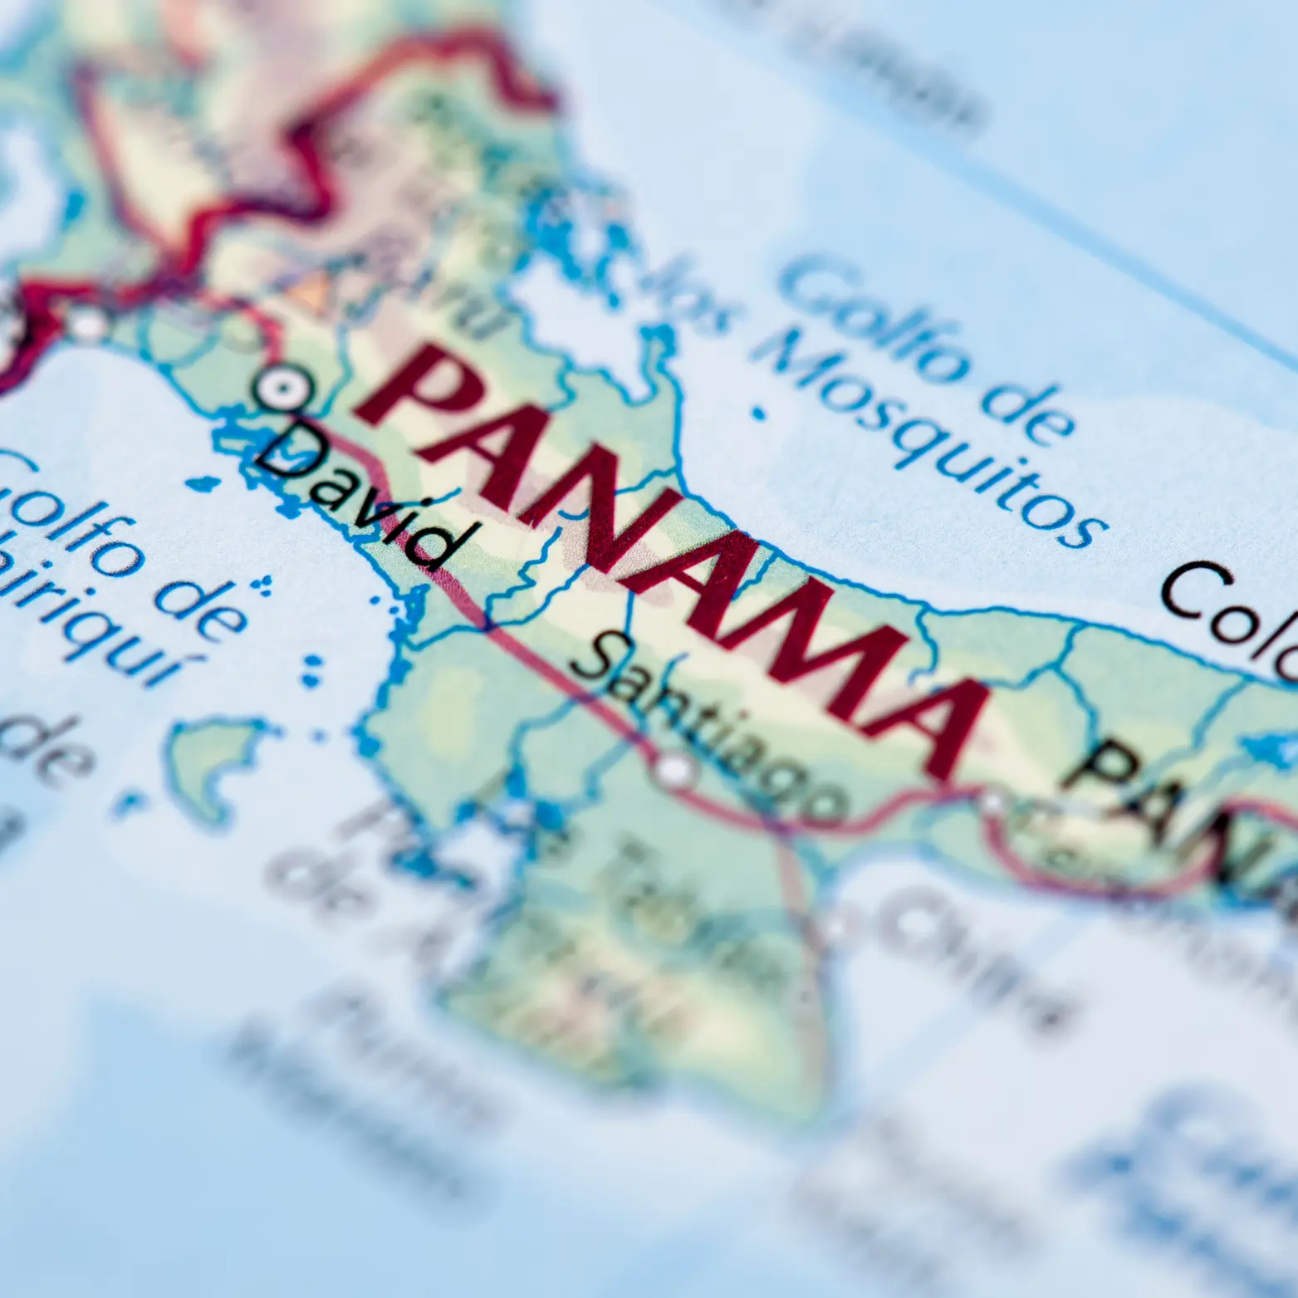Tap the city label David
[x=357, y=498]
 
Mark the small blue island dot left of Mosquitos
[x=757, y=411]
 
